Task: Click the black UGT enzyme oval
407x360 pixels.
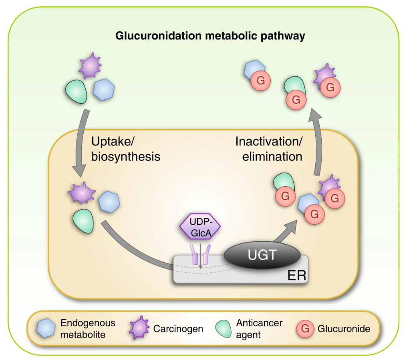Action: tap(262, 255)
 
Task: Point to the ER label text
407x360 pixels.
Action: tap(296, 276)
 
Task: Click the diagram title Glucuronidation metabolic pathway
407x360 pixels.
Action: tap(210, 36)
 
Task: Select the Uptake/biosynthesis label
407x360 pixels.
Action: tap(125, 149)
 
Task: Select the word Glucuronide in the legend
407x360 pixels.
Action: tap(344, 329)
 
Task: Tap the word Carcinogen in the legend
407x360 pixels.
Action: tap(178, 329)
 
